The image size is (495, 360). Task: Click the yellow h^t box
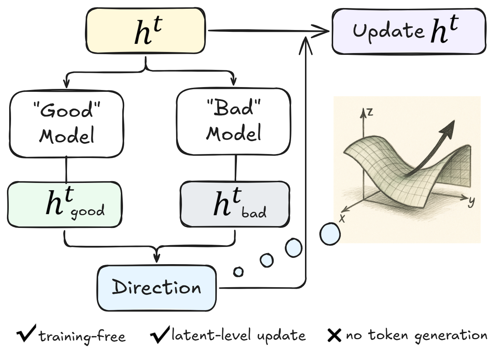coord(145,31)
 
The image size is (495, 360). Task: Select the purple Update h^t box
coord(409,32)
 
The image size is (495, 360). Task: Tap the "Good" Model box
coord(66,124)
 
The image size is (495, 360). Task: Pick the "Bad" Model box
coord(233,121)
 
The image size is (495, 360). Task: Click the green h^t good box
coord(64,204)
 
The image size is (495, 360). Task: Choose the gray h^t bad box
coord(235,204)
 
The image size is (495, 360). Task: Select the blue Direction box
coord(157,288)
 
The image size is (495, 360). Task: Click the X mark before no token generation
coord(334,335)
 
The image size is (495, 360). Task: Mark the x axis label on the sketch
coord(342,218)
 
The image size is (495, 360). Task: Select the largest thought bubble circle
coord(330,233)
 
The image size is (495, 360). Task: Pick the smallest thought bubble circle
coord(238,272)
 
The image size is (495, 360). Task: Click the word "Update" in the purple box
coord(388,31)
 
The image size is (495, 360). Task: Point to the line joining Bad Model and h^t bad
coord(235,168)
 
